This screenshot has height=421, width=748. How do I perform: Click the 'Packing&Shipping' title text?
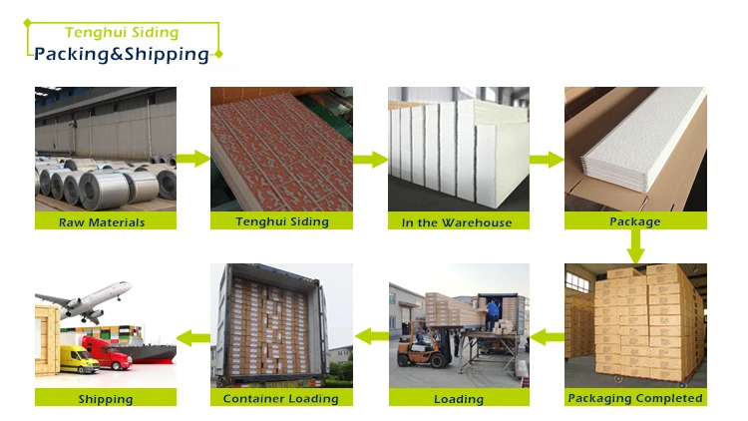[122, 54]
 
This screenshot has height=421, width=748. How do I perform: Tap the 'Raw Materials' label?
[102, 222]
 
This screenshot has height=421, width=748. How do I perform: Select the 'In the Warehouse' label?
[457, 222]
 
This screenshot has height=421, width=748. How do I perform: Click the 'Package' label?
[634, 221]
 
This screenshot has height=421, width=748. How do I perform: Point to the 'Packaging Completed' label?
[634, 398]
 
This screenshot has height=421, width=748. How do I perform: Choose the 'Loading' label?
[458, 399]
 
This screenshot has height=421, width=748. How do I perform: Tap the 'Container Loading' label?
[280, 399]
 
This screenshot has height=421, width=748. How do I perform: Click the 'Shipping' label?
[105, 399]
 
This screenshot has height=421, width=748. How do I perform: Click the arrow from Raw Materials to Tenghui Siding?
[193, 159]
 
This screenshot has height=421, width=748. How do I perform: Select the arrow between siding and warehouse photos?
[370, 159]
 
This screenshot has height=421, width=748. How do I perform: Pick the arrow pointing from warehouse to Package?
[547, 159]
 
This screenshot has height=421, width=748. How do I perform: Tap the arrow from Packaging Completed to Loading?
[547, 337]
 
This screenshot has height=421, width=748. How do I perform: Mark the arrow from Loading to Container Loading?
[370, 337]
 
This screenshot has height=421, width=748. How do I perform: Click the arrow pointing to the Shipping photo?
[193, 337]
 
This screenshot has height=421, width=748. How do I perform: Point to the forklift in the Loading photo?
[418, 345]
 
